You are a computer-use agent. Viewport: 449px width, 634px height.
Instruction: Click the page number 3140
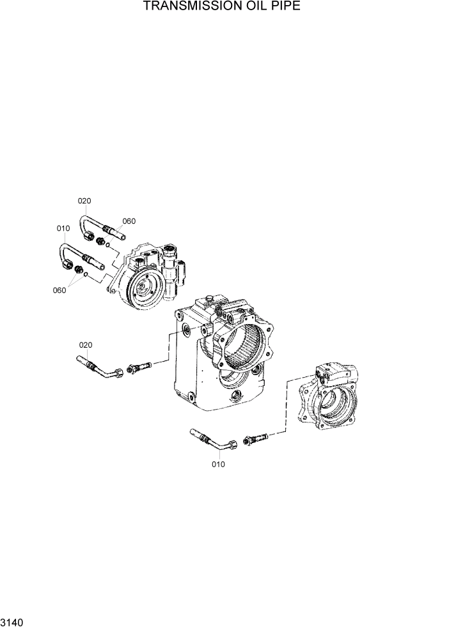point(13,621)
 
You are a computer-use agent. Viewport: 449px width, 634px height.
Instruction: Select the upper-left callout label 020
point(85,201)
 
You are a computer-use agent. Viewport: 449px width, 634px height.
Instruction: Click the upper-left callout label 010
point(63,228)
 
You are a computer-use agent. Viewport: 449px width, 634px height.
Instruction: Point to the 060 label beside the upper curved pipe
point(129,221)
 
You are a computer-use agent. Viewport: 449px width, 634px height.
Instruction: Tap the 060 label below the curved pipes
point(59,290)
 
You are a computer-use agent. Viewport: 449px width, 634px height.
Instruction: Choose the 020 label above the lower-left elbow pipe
point(86,345)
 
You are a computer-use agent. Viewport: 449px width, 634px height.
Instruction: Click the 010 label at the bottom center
point(218,465)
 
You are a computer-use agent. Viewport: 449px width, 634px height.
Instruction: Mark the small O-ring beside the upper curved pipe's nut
point(109,244)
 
